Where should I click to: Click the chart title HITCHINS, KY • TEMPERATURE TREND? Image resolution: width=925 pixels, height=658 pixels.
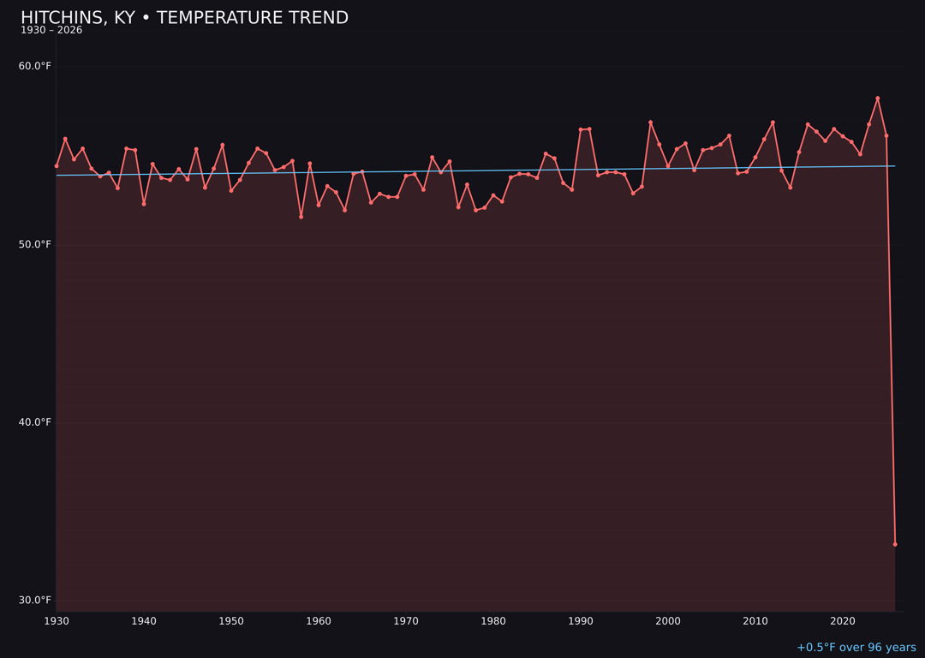(x=184, y=18)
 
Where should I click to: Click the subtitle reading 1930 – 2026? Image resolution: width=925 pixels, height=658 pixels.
(x=51, y=31)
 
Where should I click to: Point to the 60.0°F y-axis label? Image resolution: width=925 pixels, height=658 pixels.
(x=35, y=67)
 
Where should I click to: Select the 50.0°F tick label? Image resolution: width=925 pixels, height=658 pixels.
(x=35, y=244)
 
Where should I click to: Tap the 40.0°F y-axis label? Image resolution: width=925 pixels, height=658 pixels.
(x=35, y=422)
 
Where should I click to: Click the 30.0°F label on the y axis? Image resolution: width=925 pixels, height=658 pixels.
(x=35, y=600)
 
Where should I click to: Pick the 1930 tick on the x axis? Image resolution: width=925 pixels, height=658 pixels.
(x=57, y=621)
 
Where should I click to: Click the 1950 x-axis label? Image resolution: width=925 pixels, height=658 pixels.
(x=231, y=621)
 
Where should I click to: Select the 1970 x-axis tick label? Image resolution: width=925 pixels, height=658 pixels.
(x=406, y=621)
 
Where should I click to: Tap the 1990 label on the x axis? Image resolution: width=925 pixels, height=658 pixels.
(x=581, y=621)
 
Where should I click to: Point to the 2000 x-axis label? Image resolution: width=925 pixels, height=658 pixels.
(x=668, y=621)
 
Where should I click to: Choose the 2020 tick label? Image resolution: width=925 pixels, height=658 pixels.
(x=843, y=621)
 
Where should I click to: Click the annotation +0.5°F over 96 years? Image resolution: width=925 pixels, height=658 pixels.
(x=856, y=648)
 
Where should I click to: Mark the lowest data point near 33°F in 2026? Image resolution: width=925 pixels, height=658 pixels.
(x=895, y=544)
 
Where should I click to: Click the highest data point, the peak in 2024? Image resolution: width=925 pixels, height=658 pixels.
(x=877, y=99)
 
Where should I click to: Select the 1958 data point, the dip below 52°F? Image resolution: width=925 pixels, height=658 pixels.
(x=301, y=217)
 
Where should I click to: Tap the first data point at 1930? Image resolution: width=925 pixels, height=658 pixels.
(x=57, y=165)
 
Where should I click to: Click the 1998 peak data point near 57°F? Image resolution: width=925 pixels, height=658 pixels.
(x=650, y=123)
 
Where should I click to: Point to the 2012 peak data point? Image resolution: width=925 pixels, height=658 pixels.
(x=773, y=123)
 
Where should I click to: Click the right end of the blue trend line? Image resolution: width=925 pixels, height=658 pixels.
(x=895, y=166)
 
